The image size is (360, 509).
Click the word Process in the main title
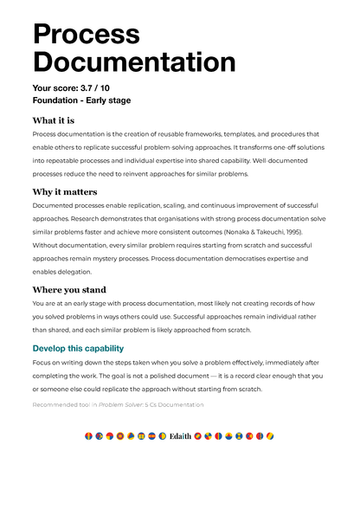[x=86, y=34]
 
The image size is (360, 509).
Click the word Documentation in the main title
[x=133, y=62]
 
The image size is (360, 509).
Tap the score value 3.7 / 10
[x=101, y=88]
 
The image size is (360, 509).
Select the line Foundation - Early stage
[x=80, y=100]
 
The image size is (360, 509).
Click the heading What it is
[x=53, y=120]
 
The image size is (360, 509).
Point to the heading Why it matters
[x=65, y=191]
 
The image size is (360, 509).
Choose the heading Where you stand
[x=69, y=290]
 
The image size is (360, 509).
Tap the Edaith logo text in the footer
[x=180, y=435]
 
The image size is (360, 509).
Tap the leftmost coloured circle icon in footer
[x=88, y=435]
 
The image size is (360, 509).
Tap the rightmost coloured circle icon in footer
[x=271, y=435]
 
